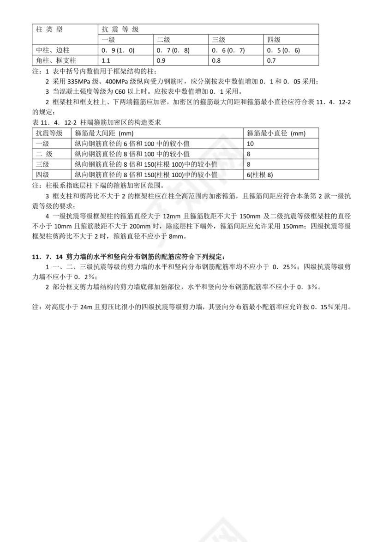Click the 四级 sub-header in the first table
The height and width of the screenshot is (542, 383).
click(x=274, y=40)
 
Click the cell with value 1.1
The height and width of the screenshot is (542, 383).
click(x=106, y=60)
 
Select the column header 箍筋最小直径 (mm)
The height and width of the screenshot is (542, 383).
click(x=276, y=133)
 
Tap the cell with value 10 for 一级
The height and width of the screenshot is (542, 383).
click(x=251, y=144)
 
